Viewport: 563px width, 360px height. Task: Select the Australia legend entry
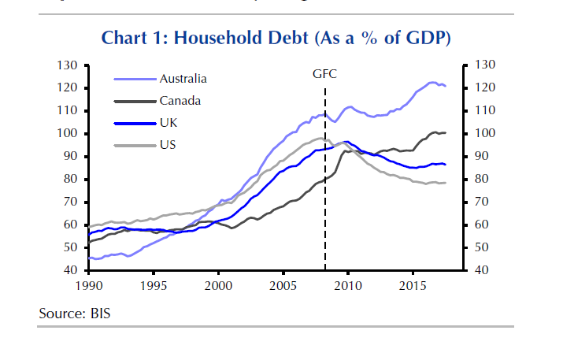coord(183,79)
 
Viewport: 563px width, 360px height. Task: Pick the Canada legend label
coord(180,100)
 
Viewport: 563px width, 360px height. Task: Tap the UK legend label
coord(169,123)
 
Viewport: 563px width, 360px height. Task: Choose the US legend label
coord(168,145)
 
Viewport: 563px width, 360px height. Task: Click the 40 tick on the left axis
coord(69,270)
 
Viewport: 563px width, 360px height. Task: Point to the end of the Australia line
coord(446,85)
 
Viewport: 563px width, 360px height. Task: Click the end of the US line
coord(446,183)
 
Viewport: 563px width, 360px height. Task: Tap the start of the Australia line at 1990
coord(88,258)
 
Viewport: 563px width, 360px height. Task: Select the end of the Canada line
coord(446,132)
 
